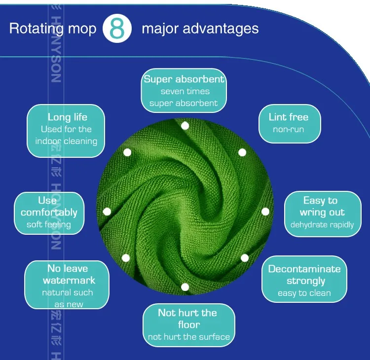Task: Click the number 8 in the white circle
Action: (x=117, y=29)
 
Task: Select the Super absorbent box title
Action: (x=184, y=79)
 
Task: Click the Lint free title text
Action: (x=289, y=117)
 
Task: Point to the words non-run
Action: (x=289, y=130)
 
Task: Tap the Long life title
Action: (x=67, y=117)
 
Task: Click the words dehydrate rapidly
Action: (x=322, y=225)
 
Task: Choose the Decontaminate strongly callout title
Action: (x=304, y=275)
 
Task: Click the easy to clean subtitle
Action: (x=304, y=293)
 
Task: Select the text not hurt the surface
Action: (x=189, y=337)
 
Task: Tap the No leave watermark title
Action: (x=68, y=274)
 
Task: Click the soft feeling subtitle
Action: (x=49, y=225)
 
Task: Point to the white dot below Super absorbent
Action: (x=185, y=126)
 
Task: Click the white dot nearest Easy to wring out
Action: (x=265, y=212)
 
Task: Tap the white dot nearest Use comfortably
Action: (x=107, y=212)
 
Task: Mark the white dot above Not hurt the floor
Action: (x=185, y=287)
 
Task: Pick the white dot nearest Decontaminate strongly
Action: (x=245, y=258)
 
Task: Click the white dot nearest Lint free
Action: (x=242, y=152)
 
